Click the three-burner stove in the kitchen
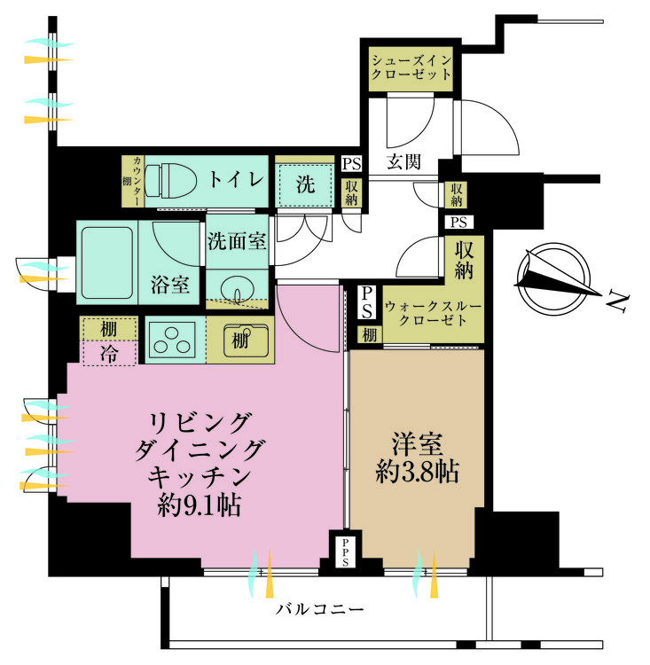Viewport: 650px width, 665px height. (x=172, y=340)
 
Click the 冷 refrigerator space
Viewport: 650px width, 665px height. (x=109, y=353)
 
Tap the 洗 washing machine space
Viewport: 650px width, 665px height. (x=304, y=185)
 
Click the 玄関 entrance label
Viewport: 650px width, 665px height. (x=403, y=161)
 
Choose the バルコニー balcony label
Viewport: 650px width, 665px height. (x=320, y=610)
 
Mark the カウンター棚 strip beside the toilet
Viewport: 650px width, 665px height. (x=132, y=182)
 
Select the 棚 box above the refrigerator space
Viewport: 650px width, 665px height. (x=109, y=327)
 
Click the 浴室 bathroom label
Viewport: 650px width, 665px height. (x=170, y=285)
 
